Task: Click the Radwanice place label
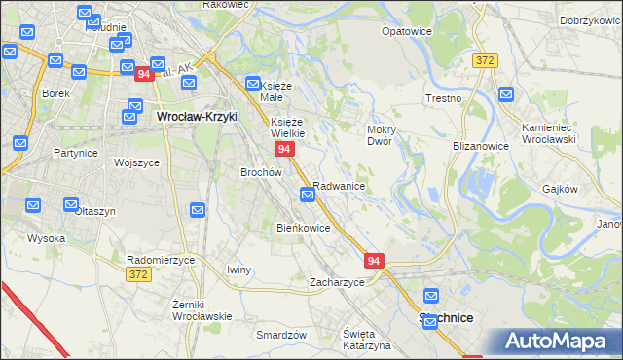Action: coord(339,185)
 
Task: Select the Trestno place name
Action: coord(443,99)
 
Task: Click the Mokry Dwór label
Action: coord(379,134)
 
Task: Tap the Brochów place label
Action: coord(261,171)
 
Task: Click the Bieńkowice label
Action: coord(304,228)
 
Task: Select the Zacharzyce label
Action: coord(337,282)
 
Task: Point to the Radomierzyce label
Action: coord(162,260)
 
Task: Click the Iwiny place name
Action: coord(238,270)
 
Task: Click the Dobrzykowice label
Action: coord(591,20)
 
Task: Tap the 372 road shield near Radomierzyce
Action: coord(138,275)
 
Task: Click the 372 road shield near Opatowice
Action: coord(486,60)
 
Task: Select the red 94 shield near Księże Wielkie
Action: coord(284,149)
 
